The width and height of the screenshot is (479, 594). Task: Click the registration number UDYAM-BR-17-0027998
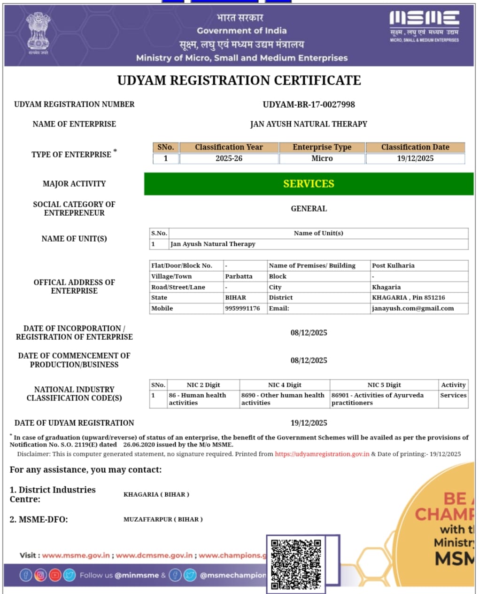309,104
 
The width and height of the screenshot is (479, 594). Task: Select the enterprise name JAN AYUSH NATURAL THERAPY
309,124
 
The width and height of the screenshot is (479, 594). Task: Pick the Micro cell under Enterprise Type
322,159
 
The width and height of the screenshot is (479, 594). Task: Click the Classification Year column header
229,147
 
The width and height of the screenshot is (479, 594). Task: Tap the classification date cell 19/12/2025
415,159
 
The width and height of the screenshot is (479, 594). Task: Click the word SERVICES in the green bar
309,184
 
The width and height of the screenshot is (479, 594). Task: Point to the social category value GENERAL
309,209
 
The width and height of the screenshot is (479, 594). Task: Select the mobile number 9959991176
242,308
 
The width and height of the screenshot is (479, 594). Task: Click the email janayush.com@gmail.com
413,308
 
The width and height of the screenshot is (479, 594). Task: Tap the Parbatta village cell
239,276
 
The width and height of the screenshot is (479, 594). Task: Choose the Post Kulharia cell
393,266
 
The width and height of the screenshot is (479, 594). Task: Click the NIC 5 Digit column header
384,385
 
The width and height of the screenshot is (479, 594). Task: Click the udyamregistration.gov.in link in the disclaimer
322,454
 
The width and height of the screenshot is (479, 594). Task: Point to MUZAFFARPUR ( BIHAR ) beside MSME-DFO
163,519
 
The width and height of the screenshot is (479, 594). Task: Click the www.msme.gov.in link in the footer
76,555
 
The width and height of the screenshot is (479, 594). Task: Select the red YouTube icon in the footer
55,575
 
